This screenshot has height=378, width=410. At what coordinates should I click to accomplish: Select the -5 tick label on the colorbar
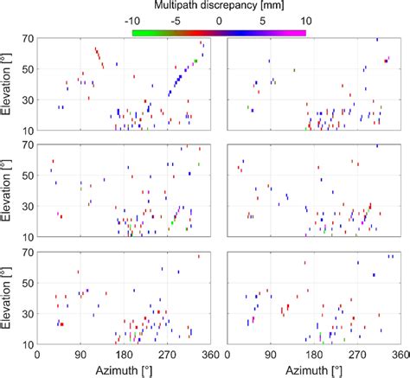point(176,20)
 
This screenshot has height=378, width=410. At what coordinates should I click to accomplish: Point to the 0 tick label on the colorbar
point(219,20)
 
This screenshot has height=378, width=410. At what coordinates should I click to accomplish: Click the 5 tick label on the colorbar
point(262,20)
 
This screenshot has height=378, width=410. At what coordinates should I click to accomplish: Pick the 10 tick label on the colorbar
point(304,20)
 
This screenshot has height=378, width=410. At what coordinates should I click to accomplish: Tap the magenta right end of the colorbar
point(302,33)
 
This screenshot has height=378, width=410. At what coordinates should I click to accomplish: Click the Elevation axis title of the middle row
point(8,192)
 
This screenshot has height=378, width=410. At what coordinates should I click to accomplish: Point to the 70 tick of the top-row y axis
point(26,40)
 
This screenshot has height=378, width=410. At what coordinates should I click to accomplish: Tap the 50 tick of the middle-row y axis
point(26,176)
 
